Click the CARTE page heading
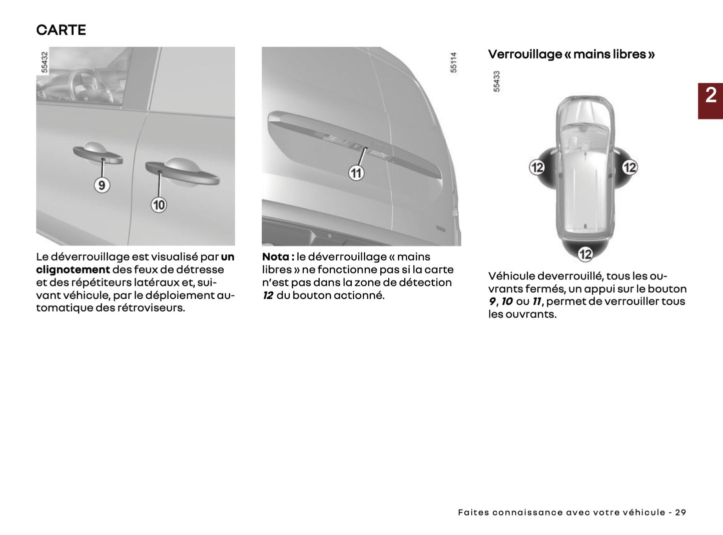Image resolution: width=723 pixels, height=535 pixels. pos(61,30)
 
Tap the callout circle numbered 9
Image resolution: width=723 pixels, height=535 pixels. pos(102,185)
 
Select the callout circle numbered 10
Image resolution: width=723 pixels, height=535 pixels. pos(159,205)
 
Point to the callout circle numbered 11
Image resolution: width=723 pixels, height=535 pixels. pos(356,173)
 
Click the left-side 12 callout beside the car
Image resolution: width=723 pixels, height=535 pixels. pos(537,167)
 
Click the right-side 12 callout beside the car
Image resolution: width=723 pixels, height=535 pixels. pos(629,167)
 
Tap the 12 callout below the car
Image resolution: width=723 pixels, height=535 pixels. pos(585,254)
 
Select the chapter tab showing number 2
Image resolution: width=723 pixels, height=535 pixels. pos(710,100)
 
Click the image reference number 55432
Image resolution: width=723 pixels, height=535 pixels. pos(45,62)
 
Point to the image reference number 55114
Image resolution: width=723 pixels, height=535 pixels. pos(454,62)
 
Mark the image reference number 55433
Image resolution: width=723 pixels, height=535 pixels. pos(496,81)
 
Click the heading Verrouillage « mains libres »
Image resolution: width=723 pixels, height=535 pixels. pos(571,54)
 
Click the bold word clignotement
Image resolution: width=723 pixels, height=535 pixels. pos(73,270)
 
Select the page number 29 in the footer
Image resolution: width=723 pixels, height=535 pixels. pos(680,512)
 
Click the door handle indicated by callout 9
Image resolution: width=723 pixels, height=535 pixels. pos(98,154)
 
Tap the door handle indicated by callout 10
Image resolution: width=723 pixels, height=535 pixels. pos(183,172)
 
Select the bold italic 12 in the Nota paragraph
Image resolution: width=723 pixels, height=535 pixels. pos(268,295)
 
